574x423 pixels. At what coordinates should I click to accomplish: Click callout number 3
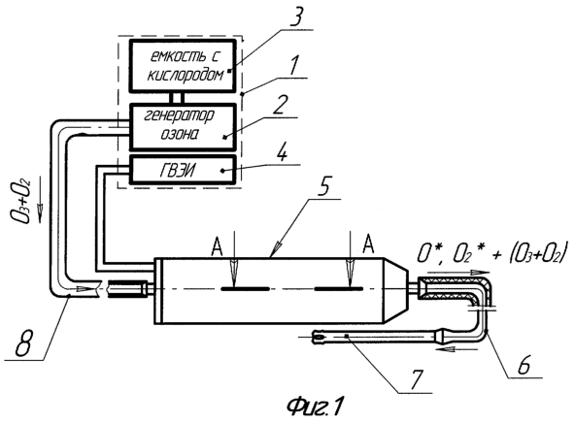tap(296, 16)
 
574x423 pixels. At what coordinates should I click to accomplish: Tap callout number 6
tap(523, 364)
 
